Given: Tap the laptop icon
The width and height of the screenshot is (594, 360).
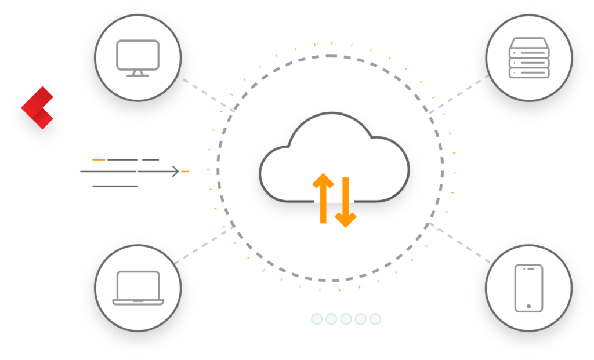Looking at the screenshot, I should pyautogui.click(x=137, y=287).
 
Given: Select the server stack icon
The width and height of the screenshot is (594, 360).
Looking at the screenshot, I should pyautogui.click(x=528, y=58).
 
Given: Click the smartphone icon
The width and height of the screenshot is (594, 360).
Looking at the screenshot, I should pyautogui.click(x=528, y=288).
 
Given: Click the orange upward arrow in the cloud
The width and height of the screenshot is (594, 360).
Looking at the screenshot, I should pyautogui.click(x=323, y=198).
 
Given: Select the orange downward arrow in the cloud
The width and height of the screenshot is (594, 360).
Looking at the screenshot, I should pyautogui.click(x=346, y=203).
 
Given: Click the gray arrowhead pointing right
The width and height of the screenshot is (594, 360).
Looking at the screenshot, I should pyautogui.click(x=175, y=171).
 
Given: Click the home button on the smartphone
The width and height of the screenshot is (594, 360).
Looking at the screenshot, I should pyautogui.click(x=528, y=306).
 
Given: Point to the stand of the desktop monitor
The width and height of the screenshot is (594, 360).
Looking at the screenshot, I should pyautogui.click(x=137, y=73).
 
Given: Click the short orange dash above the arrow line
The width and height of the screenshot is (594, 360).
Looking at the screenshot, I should pyautogui.click(x=99, y=159).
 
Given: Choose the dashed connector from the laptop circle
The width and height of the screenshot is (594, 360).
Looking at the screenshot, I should pyautogui.click(x=203, y=245).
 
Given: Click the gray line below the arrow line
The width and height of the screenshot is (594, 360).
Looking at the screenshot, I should pyautogui.click(x=115, y=186).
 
